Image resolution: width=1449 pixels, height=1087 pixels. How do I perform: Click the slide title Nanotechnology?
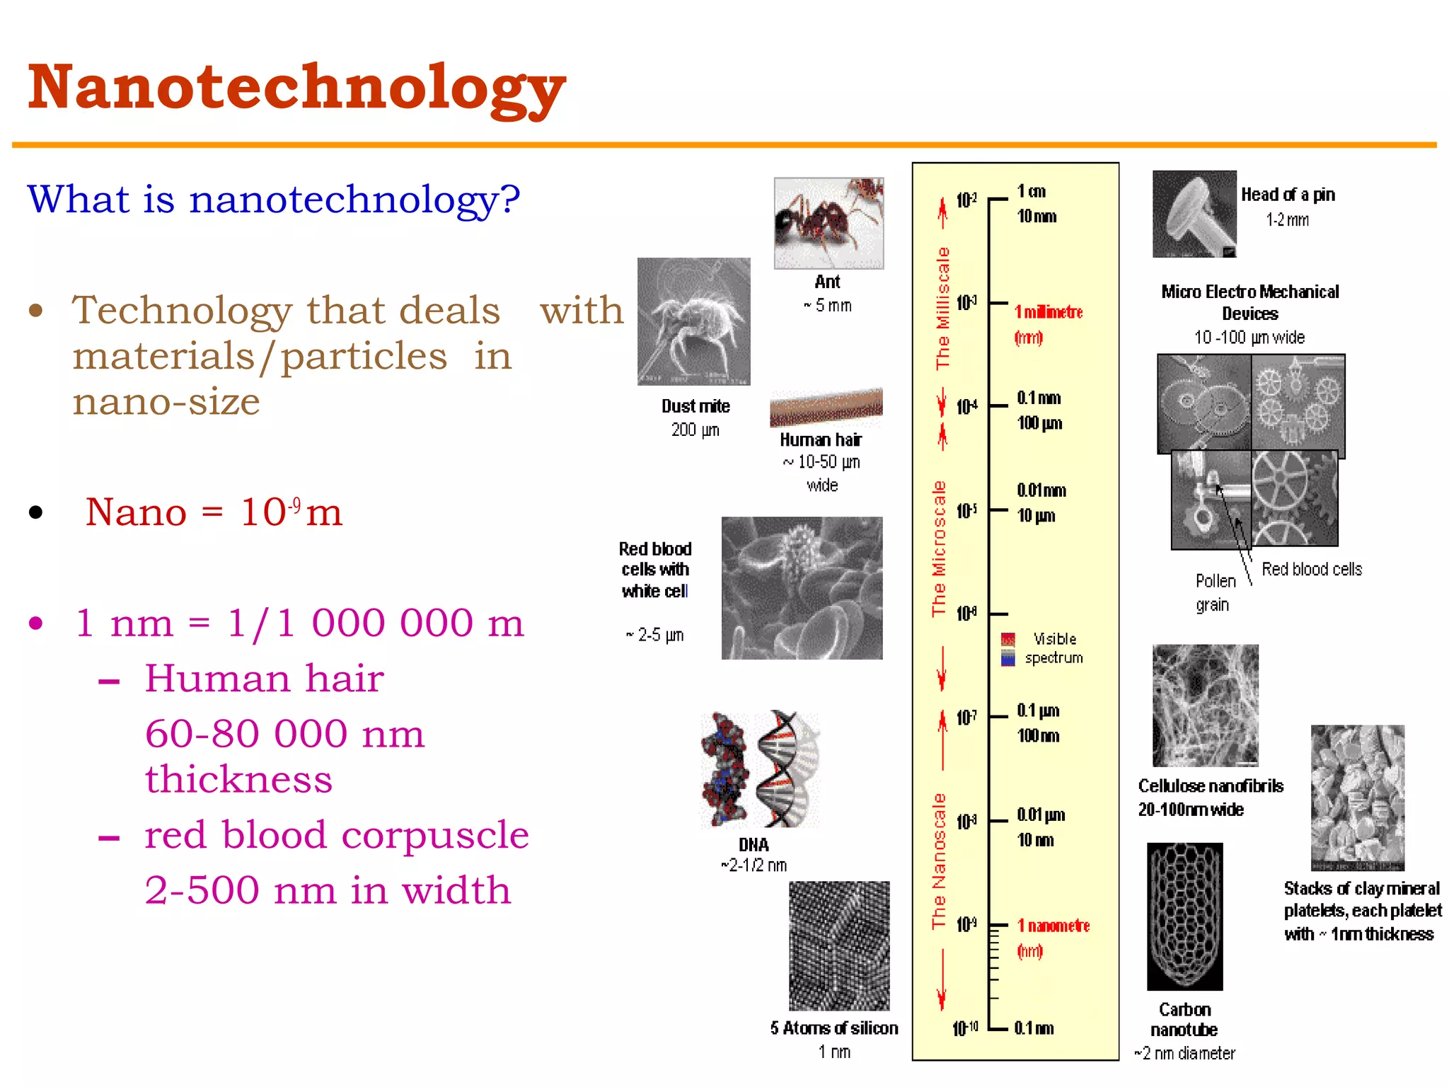(297, 88)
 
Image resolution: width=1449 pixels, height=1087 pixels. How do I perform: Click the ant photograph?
(829, 223)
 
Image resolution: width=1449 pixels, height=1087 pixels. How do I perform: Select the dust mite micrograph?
(693, 321)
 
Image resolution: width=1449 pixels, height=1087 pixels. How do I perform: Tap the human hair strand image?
(826, 408)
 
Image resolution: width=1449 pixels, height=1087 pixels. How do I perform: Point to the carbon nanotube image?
(1184, 916)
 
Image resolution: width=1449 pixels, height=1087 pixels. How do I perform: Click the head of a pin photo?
(1194, 214)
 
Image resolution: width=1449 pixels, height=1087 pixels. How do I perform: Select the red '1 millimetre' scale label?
(1048, 313)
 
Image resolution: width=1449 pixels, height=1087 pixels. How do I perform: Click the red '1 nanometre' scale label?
(1053, 926)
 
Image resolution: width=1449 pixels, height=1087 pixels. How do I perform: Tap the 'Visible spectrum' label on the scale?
(1053, 648)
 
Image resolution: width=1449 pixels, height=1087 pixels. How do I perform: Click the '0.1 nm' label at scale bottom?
(1034, 1028)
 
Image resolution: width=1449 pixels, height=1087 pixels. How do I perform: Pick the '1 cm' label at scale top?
(1031, 192)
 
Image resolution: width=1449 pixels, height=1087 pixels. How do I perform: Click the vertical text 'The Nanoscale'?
(939, 861)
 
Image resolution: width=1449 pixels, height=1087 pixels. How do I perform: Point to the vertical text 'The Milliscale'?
(942, 308)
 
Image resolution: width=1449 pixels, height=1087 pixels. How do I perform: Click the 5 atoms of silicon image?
(839, 945)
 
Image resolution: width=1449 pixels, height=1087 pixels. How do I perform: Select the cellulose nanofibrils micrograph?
(1205, 706)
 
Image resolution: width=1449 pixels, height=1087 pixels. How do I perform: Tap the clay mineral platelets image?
(1357, 798)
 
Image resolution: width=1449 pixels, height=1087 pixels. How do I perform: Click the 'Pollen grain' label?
(1215, 592)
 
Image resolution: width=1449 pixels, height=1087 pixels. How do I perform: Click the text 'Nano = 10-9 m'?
(214, 512)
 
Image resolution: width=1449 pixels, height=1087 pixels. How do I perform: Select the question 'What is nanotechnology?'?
(274, 200)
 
